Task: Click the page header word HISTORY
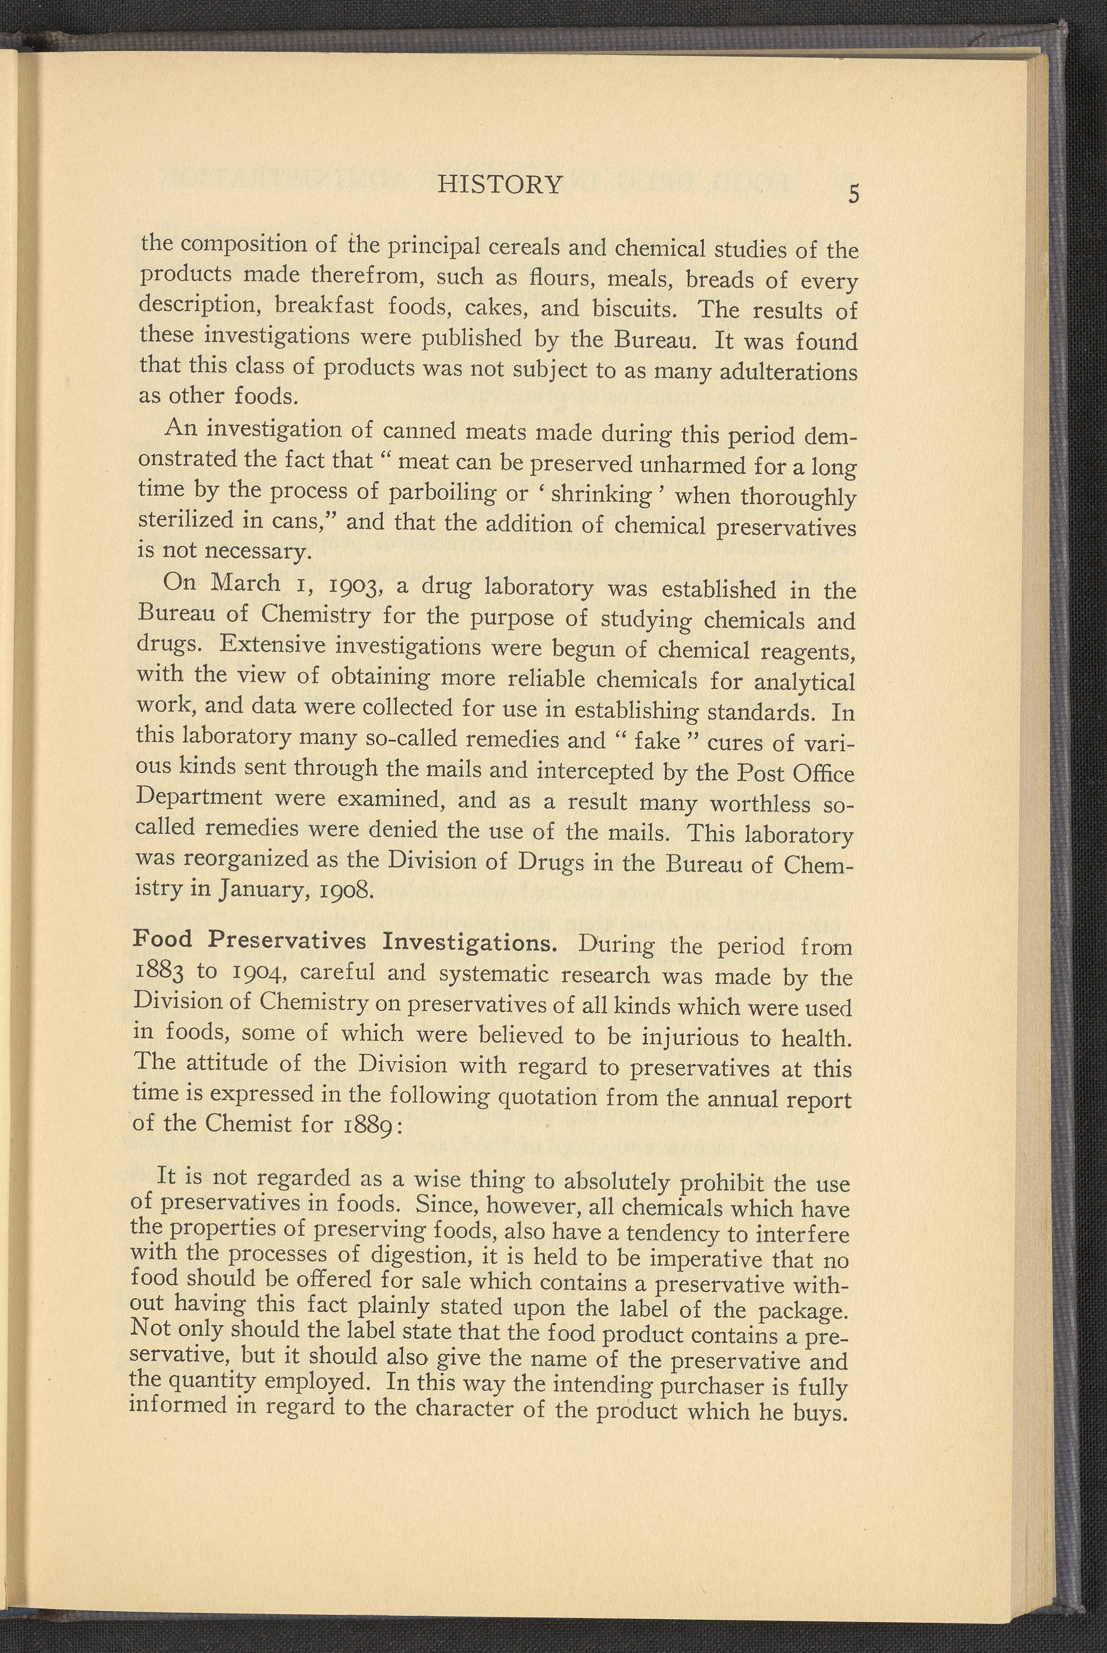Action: click(x=500, y=185)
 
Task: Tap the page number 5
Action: click(x=854, y=194)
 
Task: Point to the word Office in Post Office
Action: click(x=822, y=774)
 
